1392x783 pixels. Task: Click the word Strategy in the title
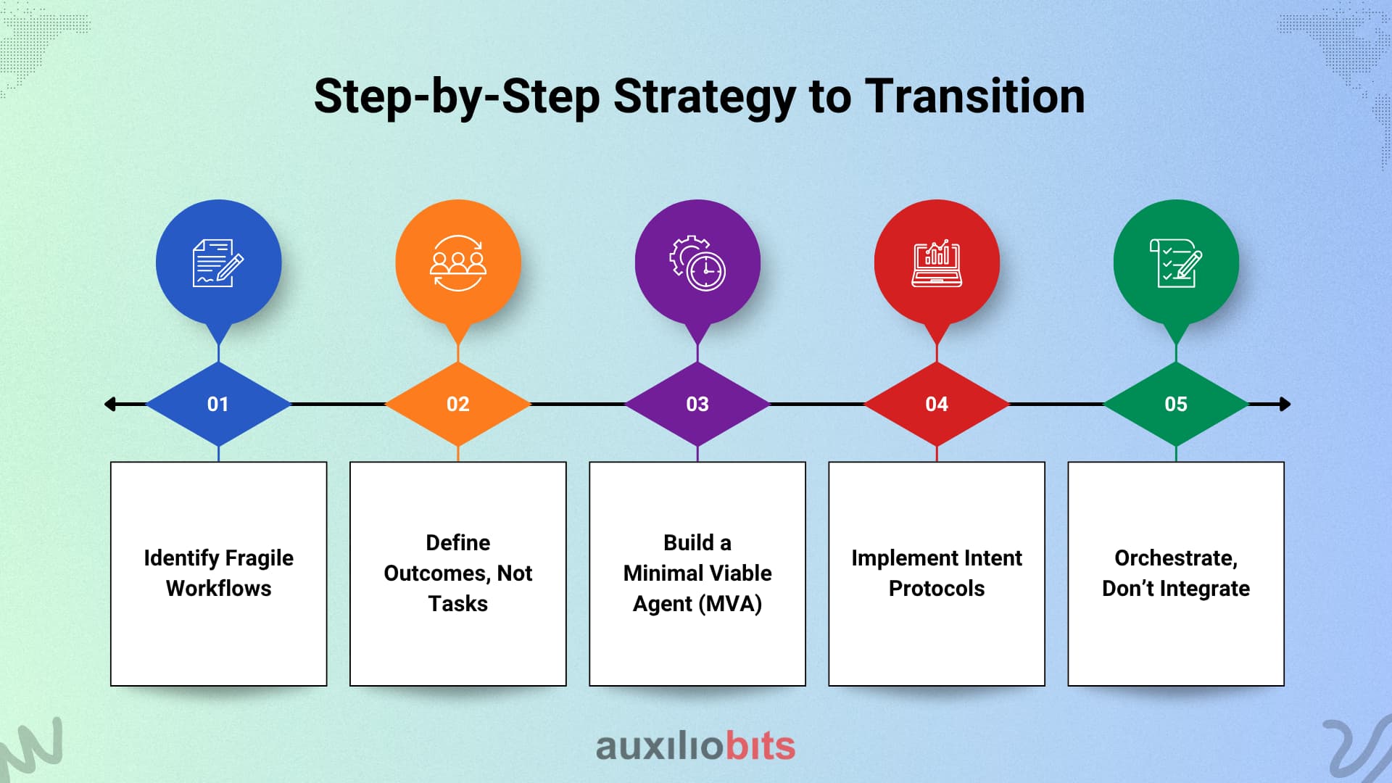(x=703, y=97)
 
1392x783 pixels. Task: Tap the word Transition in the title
(x=975, y=96)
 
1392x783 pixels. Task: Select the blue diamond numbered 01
(x=218, y=404)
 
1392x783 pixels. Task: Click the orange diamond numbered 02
(x=457, y=404)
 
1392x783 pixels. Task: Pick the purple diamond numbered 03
(x=697, y=404)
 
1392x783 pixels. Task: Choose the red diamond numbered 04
(x=937, y=404)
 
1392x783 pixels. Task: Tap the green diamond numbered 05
(x=1176, y=404)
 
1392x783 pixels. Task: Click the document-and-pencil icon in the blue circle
(x=217, y=262)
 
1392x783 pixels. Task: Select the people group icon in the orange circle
(x=457, y=262)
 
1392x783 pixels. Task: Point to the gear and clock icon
(x=697, y=262)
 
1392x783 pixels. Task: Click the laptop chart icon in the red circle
(x=937, y=262)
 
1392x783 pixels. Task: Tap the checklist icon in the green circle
(x=1175, y=262)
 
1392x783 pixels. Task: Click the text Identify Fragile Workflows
(x=218, y=573)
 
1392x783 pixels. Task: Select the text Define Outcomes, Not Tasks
(x=457, y=573)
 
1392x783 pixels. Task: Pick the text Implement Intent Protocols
(x=937, y=573)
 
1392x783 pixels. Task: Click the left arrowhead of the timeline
(x=110, y=404)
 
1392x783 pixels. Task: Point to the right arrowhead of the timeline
(x=1285, y=404)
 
